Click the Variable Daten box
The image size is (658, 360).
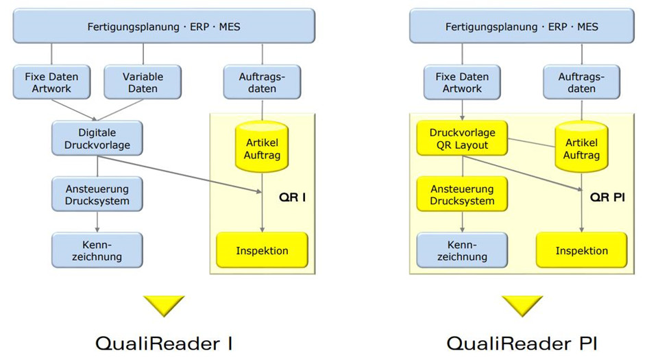(143, 82)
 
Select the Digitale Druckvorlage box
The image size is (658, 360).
(97, 139)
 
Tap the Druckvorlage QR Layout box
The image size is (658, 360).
(463, 139)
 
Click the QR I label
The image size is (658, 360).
(292, 197)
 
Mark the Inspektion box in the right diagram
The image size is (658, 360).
(581, 250)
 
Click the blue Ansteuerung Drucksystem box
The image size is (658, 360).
(97, 194)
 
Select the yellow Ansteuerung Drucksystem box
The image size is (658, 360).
(463, 194)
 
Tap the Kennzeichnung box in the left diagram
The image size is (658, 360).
(97, 250)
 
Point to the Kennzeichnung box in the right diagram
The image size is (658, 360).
(463, 250)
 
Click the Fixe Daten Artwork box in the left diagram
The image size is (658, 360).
(52, 82)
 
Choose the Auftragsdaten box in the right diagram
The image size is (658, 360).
(581, 82)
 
